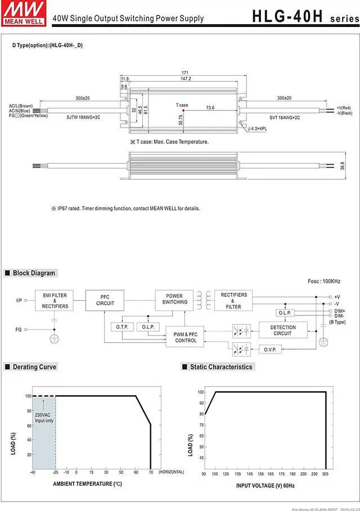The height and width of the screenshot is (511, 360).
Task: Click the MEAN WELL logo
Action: pyautogui.click(x=17, y=11)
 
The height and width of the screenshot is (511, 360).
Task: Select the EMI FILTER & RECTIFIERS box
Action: pyautogui.click(x=55, y=300)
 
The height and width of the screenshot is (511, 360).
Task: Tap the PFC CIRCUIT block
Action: pyautogui.click(x=105, y=300)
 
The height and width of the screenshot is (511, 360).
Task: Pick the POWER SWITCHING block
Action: pyautogui.click(x=174, y=299)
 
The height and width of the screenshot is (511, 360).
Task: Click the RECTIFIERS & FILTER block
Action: pyautogui.click(x=233, y=300)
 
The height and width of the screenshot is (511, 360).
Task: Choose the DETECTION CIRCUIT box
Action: pyautogui.click(x=282, y=330)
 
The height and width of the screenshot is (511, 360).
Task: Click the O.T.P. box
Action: pyautogui.click(x=122, y=327)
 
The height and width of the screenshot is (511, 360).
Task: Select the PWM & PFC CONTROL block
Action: pyautogui.click(x=186, y=337)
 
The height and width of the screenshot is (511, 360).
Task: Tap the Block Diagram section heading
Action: pyautogui.click(x=34, y=273)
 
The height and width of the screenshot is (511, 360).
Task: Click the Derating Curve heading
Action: pyautogui.click(x=34, y=367)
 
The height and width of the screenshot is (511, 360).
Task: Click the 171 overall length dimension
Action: pyautogui.click(x=184, y=73)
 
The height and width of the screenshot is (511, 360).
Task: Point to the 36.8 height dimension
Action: pyautogui.click(x=342, y=166)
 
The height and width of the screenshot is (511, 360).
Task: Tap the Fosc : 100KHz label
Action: pyautogui.click(x=324, y=281)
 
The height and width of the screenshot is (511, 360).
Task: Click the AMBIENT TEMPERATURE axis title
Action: pyautogui.click(x=87, y=484)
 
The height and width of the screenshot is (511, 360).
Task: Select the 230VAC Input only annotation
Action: pyautogui.click(x=44, y=418)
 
